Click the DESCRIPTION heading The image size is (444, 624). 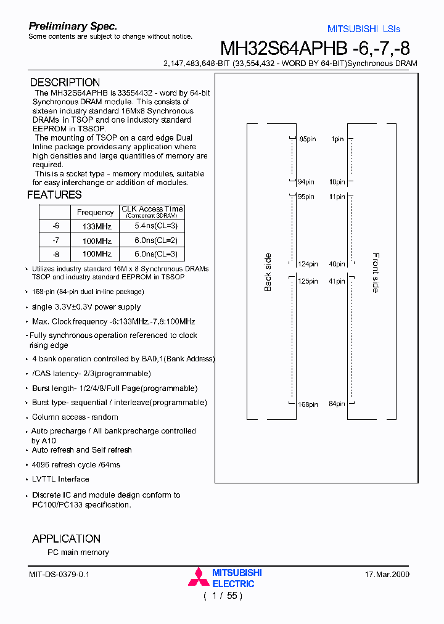coord(65,83)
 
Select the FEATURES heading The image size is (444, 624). coord(54,195)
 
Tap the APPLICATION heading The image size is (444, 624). coord(66,538)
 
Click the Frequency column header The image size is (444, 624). coord(95,212)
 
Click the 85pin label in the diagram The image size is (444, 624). coord(307,140)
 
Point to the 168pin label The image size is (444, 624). coord(307,404)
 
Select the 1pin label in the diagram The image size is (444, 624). coord(337,140)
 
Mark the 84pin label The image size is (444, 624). coord(336,404)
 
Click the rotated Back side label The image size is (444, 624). coord(268,273)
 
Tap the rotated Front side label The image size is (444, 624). coord(376,273)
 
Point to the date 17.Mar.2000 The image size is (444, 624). coord(387,575)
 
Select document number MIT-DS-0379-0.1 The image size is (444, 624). coord(59,575)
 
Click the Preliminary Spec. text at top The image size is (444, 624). coord(73,27)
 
